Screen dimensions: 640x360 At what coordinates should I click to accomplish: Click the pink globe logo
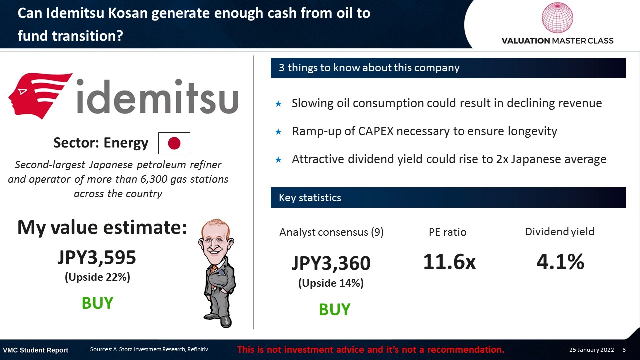coord(557,17)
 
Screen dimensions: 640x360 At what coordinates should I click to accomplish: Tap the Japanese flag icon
coord(174,143)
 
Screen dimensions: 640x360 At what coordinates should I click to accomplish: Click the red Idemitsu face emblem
coord(40,95)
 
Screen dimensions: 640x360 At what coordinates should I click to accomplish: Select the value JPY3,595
coord(97,257)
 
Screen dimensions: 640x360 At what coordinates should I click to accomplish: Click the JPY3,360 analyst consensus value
coord(331,263)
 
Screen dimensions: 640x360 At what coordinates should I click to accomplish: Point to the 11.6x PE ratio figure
coord(449,262)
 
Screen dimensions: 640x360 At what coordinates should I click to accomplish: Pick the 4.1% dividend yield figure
coord(560,262)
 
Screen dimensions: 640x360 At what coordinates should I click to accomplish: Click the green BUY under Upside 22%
coord(97,303)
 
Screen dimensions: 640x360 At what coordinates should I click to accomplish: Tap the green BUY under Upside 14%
coord(334,309)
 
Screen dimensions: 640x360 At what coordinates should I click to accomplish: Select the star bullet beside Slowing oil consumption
coord(278,104)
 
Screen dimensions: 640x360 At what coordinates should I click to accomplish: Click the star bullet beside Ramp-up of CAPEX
coord(278,132)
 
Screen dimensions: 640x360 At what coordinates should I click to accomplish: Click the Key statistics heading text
coord(310,198)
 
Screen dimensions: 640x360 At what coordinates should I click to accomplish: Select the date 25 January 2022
coord(591,350)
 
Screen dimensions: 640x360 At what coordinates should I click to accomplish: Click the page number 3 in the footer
coord(624,350)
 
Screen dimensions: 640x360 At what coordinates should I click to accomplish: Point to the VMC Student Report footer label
coord(35,350)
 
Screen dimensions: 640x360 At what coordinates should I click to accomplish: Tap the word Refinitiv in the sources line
coord(197,349)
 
